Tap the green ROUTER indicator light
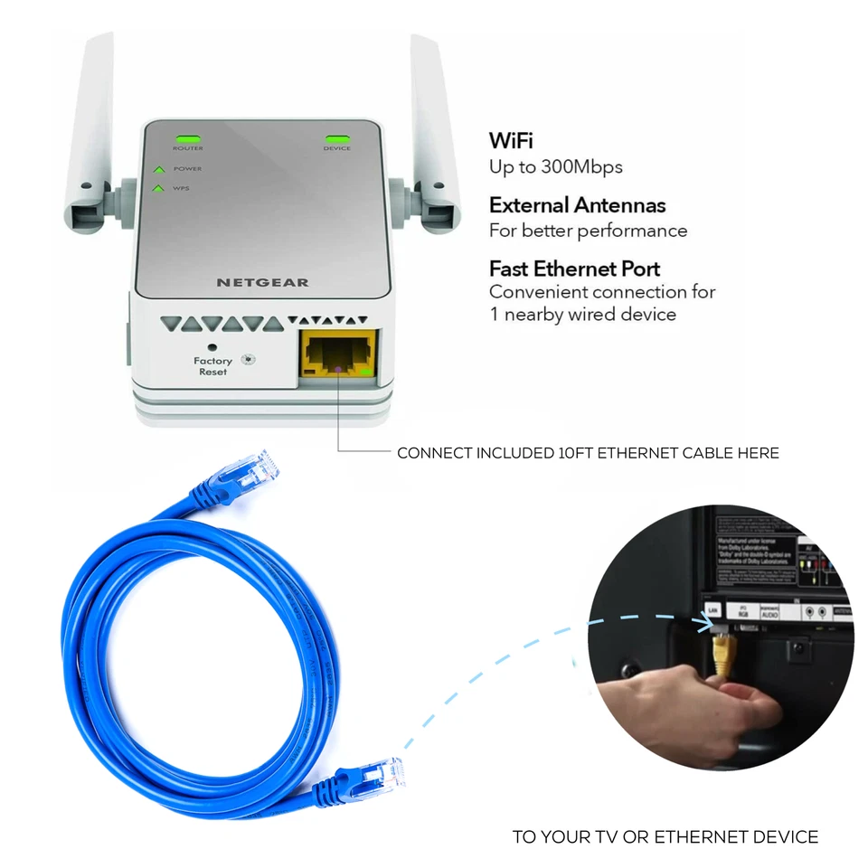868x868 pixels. [188, 137]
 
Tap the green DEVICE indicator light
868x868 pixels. [336, 137]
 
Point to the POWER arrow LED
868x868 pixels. [159, 169]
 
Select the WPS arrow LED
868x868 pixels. [159, 188]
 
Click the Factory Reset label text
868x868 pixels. [213, 366]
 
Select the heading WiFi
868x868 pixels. [511, 141]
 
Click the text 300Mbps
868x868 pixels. [582, 167]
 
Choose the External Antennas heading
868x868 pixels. [577, 205]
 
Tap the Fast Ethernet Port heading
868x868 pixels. [574, 269]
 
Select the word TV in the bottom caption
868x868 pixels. [611, 837]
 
